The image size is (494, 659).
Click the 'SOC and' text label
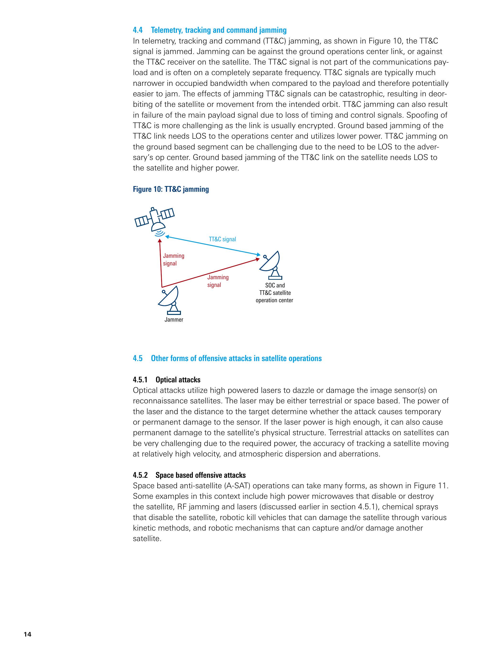pos(275,286)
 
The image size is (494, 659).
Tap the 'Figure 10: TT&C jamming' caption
pos(171,189)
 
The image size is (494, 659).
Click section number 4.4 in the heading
pos(138,30)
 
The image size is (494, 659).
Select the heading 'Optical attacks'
pos(178,380)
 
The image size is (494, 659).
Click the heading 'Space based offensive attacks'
pos(201,475)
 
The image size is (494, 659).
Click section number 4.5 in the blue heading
pos(138,358)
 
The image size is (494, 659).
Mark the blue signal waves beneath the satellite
pos(160,232)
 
